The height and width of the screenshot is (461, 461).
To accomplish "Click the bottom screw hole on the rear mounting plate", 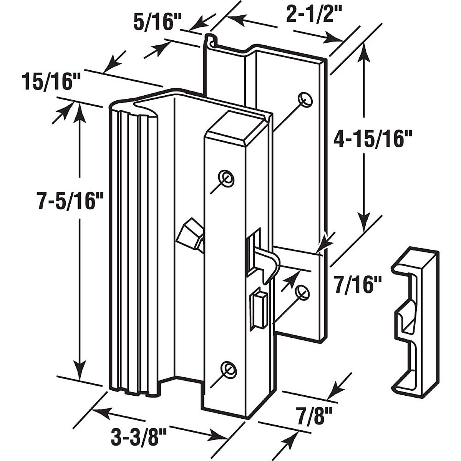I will point(303,291).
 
